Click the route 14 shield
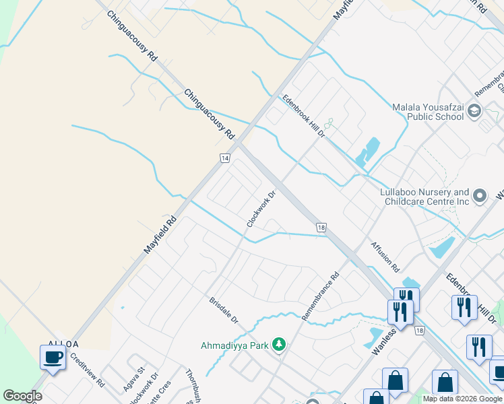(x=225, y=158)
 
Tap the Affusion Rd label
(x=385, y=253)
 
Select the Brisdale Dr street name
(x=224, y=310)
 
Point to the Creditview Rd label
(x=88, y=370)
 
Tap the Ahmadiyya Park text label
(x=234, y=345)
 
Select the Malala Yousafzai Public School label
(x=429, y=111)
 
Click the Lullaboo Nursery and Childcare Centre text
(x=424, y=197)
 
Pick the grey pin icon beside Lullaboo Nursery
(x=480, y=197)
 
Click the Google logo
(x=22, y=396)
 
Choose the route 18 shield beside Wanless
(x=420, y=331)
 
